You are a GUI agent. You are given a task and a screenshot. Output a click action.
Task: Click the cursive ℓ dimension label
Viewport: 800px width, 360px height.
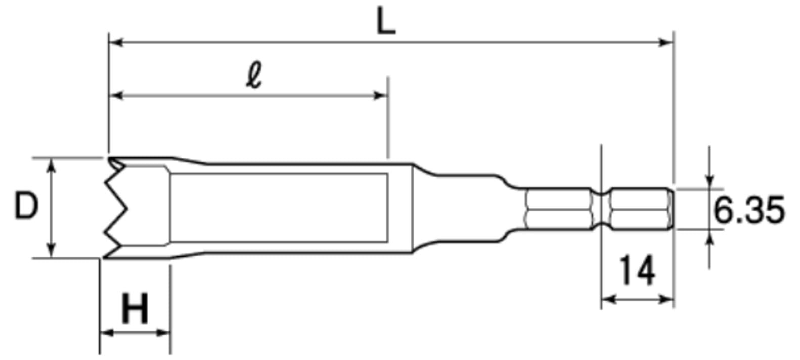(x=254, y=75)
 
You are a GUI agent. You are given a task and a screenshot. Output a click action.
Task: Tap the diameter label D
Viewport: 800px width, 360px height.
(x=26, y=207)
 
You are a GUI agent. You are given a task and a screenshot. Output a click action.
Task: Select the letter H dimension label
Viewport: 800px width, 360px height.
(x=135, y=308)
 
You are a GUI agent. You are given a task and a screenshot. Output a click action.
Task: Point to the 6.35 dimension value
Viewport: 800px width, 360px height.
(x=749, y=210)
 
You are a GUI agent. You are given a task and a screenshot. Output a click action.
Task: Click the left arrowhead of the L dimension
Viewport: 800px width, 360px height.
(x=116, y=43)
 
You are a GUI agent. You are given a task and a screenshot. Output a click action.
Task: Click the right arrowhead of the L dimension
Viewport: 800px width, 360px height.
(x=666, y=43)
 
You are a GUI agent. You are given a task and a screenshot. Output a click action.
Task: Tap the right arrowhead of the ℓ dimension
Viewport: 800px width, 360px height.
(x=380, y=96)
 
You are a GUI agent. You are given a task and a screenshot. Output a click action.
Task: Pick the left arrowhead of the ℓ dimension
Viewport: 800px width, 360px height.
(x=116, y=96)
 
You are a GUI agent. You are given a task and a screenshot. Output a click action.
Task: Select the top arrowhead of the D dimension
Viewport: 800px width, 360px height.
(x=52, y=165)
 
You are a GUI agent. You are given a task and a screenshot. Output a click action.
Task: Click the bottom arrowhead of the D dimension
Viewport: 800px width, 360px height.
(x=52, y=250)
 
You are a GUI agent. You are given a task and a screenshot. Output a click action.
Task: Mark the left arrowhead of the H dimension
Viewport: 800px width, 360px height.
(x=107, y=333)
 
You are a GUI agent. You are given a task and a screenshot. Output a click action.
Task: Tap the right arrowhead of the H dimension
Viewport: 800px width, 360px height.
(x=163, y=333)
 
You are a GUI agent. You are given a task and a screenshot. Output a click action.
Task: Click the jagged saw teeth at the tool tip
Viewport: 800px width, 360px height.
(x=115, y=207)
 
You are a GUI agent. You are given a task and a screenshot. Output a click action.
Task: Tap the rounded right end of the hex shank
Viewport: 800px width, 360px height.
(x=671, y=209)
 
